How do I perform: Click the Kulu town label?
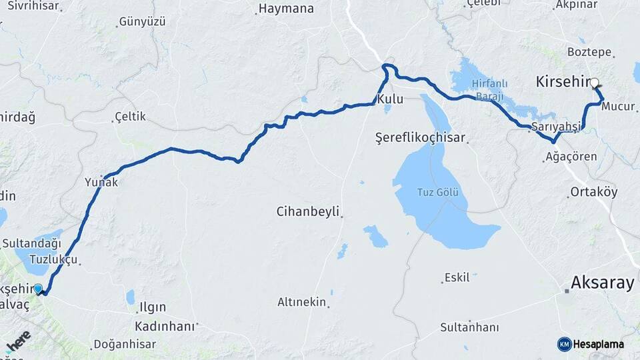pos(390,99)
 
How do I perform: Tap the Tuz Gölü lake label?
pos(437,193)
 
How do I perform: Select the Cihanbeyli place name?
pos(307,212)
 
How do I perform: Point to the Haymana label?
pos(285,9)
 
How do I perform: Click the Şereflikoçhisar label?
pos(420,138)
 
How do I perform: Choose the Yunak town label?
pos(101,182)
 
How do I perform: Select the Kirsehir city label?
pos(563,81)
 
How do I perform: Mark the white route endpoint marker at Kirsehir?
pos(594,83)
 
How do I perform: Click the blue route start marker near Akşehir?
pos(38,289)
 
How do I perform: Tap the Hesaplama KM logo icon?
pos(565,344)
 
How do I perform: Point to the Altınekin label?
pos(302,302)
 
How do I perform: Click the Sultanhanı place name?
pos(469,327)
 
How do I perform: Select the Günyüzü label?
pos(142,21)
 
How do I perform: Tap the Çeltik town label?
pos(130,117)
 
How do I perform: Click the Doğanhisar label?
pos(125,344)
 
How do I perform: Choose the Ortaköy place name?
pos(594,192)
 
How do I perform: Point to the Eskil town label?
pos(457,277)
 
